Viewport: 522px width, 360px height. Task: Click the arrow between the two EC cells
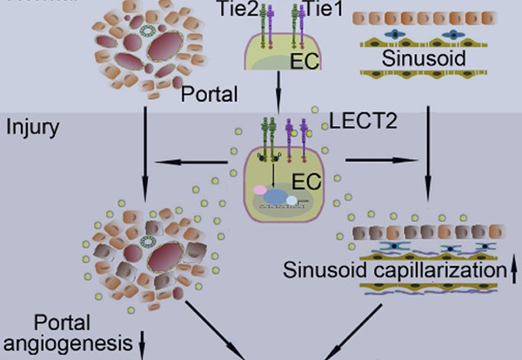278,96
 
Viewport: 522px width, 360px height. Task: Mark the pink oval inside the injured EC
259,189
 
